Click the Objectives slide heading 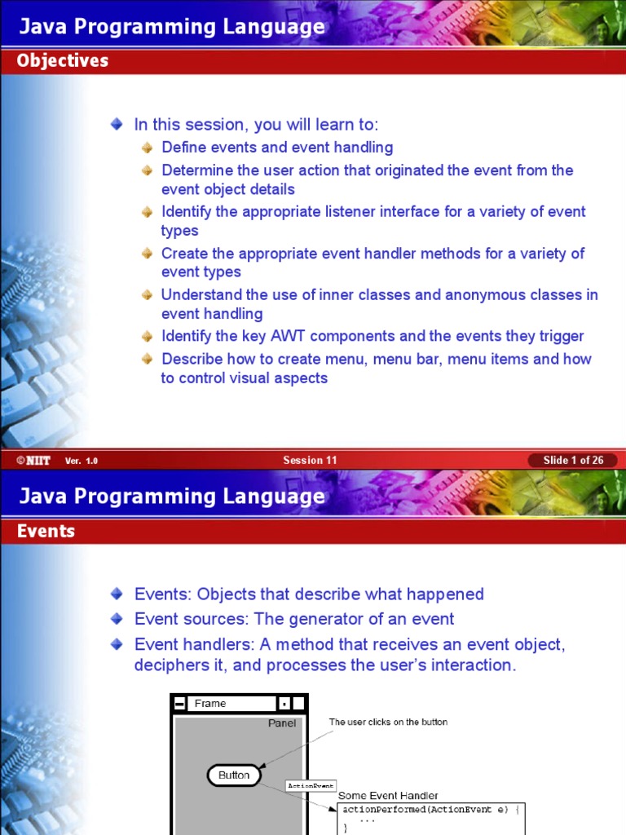pyautogui.click(x=63, y=61)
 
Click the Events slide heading pyautogui.click(x=46, y=532)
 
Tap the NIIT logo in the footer pyautogui.click(x=33, y=460)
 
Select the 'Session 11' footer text pyautogui.click(x=310, y=460)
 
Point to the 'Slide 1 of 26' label pyautogui.click(x=573, y=460)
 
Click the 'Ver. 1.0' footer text pyautogui.click(x=82, y=461)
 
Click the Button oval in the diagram pyautogui.click(x=234, y=775)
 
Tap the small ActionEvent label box pyautogui.click(x=311, y=786)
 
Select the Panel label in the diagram pyautogui.click(x=282, y=723)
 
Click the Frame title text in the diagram pyautogui.click(x=210, y=704)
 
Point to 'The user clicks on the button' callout pyautogui.click(x=388, y=722)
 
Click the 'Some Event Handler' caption pyautogui.click(x=388, y=795)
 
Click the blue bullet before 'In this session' pyautogui.click(x=117, y=125)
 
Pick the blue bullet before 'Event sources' pyautogui.click(x=117, y=619)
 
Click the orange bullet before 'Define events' pyautogui.click(x=147, y=148)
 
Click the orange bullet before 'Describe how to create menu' pyautogui.click(x=147, y=359)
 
